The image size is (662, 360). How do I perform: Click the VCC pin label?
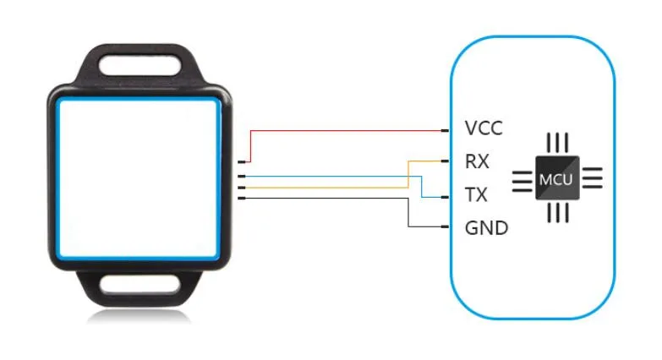[x=484, y=129]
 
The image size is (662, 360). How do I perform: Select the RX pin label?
[x=477, y=161]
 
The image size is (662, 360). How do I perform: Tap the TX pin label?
[x=476, y=195]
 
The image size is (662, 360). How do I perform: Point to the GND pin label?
[x=486, y=227]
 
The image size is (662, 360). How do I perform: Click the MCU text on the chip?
[x=556, y=179]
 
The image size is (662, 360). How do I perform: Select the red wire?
[x=347, y=131]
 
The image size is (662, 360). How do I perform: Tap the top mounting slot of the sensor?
[x=140, y=65]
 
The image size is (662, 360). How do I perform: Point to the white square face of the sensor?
[x=140, y=178]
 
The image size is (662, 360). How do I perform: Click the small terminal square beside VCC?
[x=445, y=131]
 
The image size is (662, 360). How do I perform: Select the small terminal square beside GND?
[x=445, y=227]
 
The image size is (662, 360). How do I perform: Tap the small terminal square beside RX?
[x=445, y=161]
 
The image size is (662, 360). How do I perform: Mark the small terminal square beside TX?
[x=445, y=196]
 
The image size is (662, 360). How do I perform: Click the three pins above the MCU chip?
[x=556, y=142]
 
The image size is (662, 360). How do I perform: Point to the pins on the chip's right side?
[x=592, y=178]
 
